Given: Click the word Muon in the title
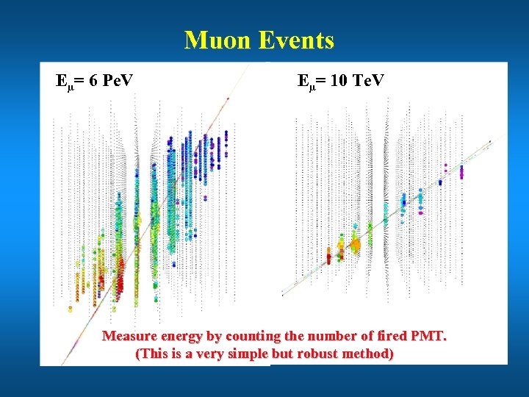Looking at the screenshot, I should [x=217, y=40].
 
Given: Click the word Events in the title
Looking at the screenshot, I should [x=297, y=40].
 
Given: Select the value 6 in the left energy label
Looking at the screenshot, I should [x=93, y=80].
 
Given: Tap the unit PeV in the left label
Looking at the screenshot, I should [x=118, y=80].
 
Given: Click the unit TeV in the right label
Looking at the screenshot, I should [x=367, y=80].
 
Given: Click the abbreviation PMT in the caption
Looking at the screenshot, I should [x=429, y=336].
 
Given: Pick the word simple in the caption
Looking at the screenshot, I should [x=247, y=354].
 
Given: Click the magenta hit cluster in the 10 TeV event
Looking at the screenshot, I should [x=461, y=172].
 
